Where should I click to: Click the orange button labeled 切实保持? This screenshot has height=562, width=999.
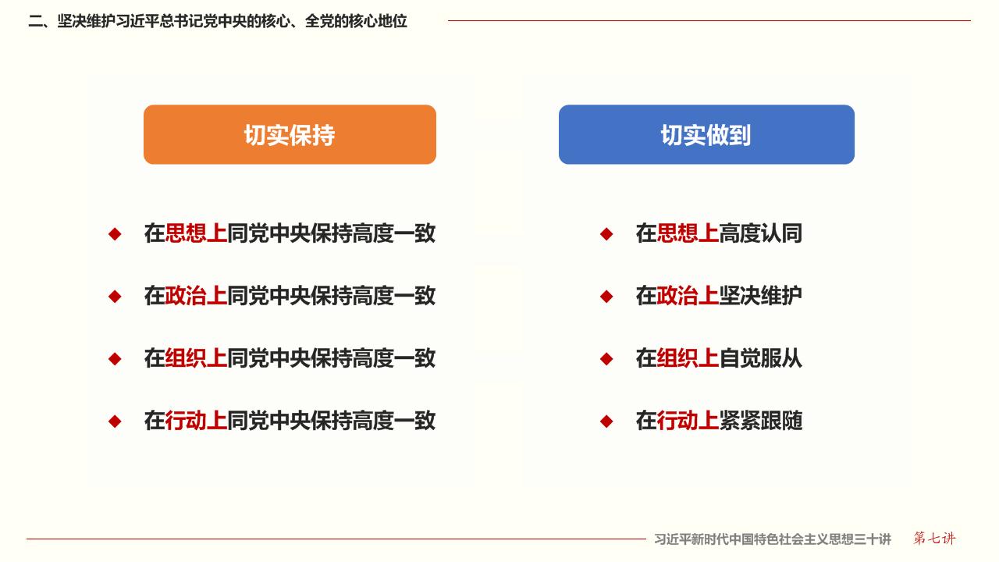(x=290, y=135)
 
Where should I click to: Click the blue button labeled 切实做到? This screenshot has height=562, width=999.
(x=706, y=135)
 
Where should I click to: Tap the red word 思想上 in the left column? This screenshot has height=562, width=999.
(x=196, y=233)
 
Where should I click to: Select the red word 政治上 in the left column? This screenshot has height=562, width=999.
(x=196, y=296)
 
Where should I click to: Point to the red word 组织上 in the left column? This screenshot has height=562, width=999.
(x=196, y=358)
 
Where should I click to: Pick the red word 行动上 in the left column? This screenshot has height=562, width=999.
(x=196, y=421)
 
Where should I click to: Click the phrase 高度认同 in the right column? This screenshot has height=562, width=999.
(x=761, y=233)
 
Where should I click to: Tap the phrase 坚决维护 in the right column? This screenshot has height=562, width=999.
(x=761, y=296)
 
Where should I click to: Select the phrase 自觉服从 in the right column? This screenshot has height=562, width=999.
(x=761, y=358)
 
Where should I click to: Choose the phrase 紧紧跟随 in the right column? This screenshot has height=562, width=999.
(x=761, y=421)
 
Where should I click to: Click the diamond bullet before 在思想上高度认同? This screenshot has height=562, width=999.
(x=606, y=233)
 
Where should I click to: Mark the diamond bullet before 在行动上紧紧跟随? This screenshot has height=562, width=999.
(x=606, y=421)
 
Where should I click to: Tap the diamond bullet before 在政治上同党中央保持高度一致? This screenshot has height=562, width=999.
(x=115, y=296)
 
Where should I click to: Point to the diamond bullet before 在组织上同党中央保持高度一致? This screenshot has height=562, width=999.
(x=115, y=358)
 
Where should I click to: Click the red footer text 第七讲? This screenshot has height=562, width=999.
(x=934, y=539)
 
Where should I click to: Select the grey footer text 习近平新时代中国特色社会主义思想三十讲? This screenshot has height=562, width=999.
(x=773, y=539)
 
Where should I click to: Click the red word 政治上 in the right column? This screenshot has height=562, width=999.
(x=688, y=296)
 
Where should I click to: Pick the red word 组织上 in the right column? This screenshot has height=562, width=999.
(x=688, y=358)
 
